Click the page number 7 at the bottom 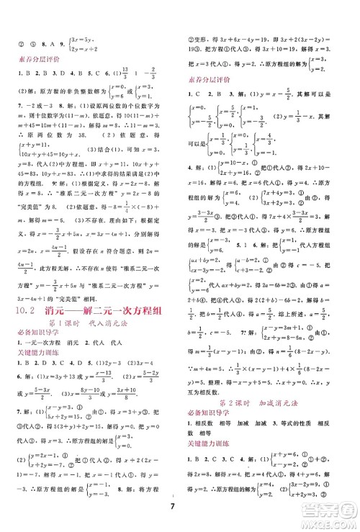pos(179,513)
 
